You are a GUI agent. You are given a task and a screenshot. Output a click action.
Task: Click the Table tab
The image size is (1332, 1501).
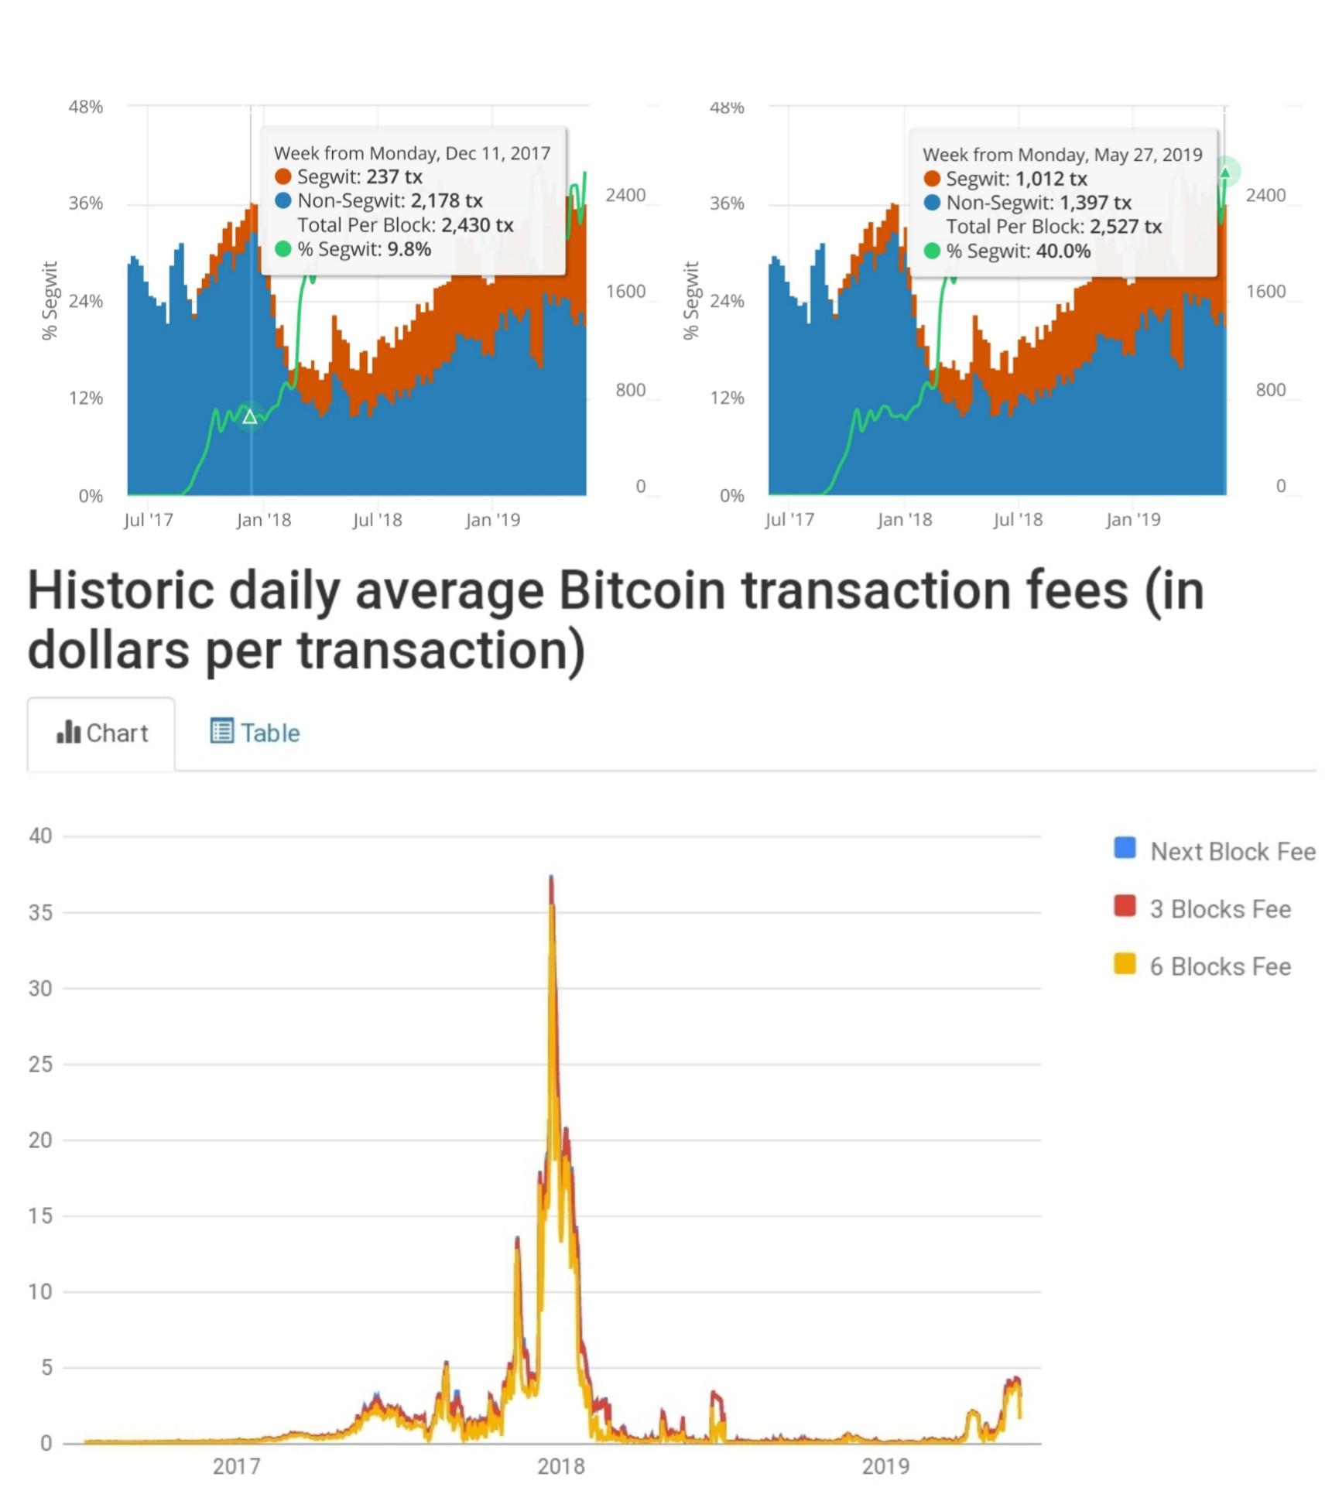255,732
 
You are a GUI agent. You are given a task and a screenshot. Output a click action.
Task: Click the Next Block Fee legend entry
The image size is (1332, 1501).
1231,851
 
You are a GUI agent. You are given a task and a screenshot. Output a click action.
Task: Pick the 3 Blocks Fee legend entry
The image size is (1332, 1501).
1219,908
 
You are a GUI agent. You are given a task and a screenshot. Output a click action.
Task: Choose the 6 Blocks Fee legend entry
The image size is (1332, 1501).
1219,966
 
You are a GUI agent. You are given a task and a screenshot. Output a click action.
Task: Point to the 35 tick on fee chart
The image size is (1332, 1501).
40,912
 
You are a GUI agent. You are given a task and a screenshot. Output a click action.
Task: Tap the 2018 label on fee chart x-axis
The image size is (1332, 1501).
561,1466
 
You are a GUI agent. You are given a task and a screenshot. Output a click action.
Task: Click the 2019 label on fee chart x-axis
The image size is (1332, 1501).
885,1466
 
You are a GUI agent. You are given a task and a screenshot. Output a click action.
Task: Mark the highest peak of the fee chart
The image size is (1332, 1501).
551,877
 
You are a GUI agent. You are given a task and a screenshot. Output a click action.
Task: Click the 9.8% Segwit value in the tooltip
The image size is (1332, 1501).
409,249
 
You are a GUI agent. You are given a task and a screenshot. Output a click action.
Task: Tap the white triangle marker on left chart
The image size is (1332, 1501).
249,418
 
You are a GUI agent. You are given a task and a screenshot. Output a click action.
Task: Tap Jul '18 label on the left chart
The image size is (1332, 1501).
377,520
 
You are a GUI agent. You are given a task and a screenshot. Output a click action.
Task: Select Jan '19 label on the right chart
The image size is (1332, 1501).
1132,520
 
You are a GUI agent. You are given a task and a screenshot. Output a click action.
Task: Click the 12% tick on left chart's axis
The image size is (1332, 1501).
85,398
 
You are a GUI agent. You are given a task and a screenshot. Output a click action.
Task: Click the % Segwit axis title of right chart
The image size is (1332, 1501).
691,300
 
